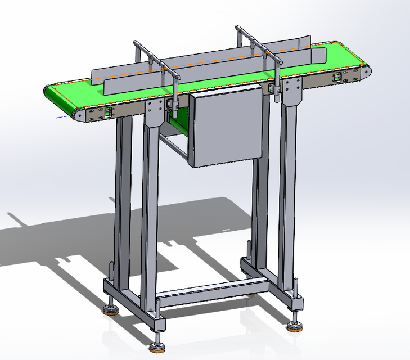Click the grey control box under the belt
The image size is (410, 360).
[226, 129]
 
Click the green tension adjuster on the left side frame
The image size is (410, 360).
[105, 113]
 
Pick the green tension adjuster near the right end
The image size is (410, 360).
[338, 78]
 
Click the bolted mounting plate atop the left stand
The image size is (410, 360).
[154, 112]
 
